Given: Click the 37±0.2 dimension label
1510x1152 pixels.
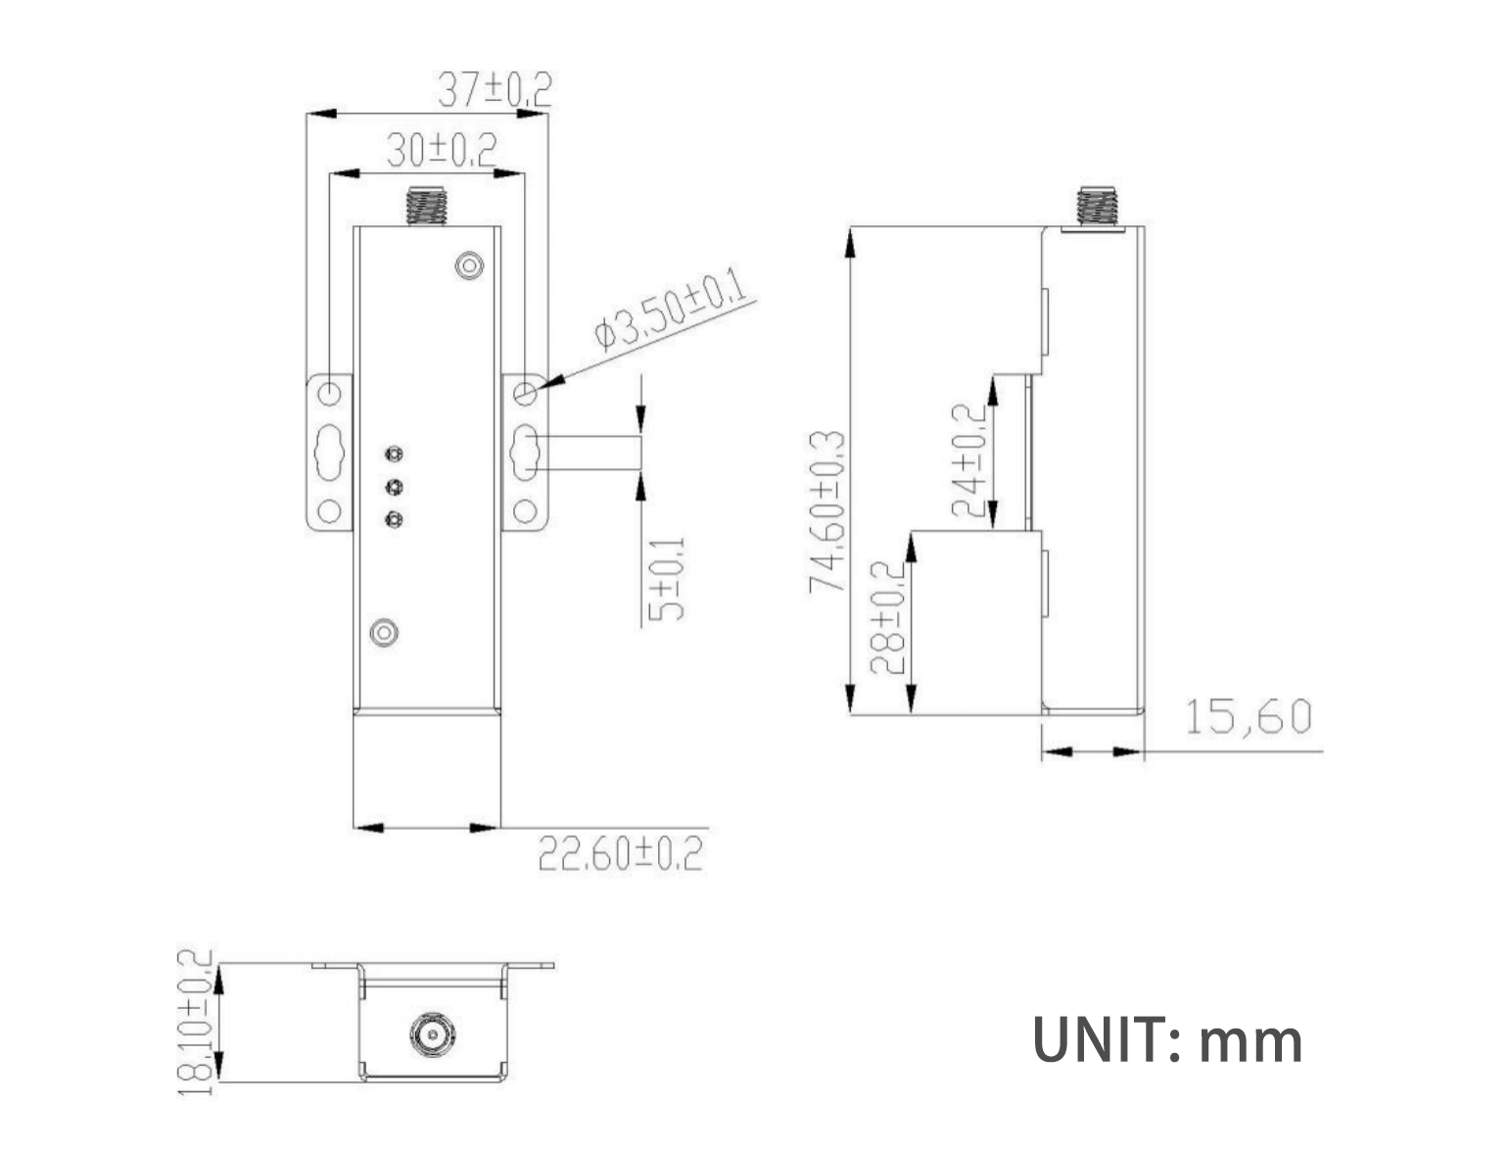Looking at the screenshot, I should tap(494, 90).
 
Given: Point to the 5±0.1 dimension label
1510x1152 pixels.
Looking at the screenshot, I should tap(667, 579).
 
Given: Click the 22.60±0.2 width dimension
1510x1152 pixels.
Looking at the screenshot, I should tap(621, 853).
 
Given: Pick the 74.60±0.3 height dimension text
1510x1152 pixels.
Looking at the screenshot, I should tap(826, 511).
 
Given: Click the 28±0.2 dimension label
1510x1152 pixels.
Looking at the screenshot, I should tap(887, 617).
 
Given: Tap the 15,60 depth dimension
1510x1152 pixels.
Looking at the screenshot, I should tap(1248, 717).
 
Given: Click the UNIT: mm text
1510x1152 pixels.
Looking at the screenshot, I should tap(1167, 1040).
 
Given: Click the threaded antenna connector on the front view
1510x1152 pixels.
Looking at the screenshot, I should tap(427, 205).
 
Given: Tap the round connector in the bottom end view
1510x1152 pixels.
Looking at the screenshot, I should tap(430, 1034).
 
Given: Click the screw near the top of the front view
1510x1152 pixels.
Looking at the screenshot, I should tap(471, 265).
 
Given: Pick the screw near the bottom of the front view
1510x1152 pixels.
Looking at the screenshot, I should tap(384, 632).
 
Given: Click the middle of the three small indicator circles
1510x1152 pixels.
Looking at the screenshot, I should tap(394, 487).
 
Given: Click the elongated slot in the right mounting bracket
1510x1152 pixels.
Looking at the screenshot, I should tap(526, 452).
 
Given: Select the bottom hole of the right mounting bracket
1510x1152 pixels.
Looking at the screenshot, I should tap(525, 510).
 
